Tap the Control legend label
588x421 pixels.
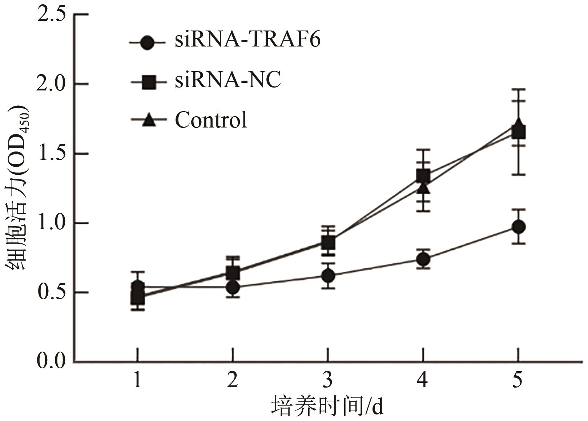point(211,120)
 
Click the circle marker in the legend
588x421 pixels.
point(147,42)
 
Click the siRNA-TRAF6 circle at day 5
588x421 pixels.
point(518,227)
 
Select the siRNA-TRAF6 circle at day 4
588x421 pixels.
point(423,259)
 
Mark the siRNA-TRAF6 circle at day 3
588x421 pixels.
point(328,276)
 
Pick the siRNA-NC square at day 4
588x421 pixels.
point(423,176)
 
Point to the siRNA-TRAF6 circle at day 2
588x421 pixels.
point(233,288)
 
